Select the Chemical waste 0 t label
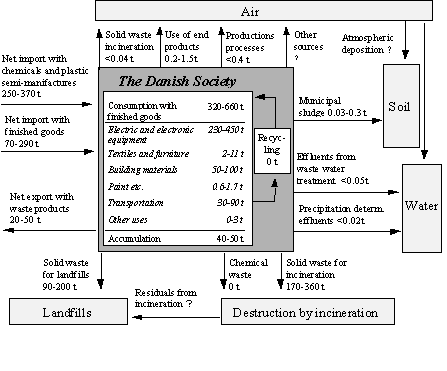pyautogui.click(x=243, y=267)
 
